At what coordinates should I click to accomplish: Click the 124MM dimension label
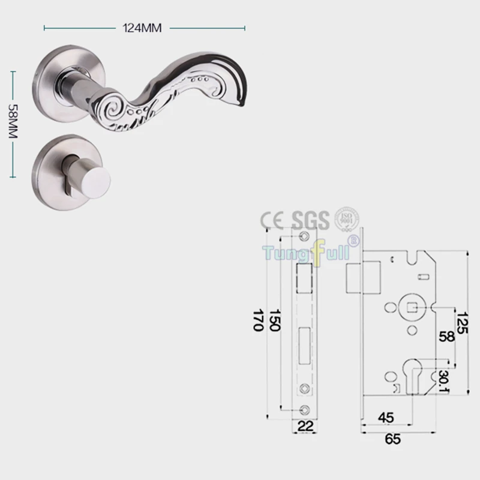142,28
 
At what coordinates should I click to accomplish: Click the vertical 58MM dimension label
13,121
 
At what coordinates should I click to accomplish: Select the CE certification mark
272,220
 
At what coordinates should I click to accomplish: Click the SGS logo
310,220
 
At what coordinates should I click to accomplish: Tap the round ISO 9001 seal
347,220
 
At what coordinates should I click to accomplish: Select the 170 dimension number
259,320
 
